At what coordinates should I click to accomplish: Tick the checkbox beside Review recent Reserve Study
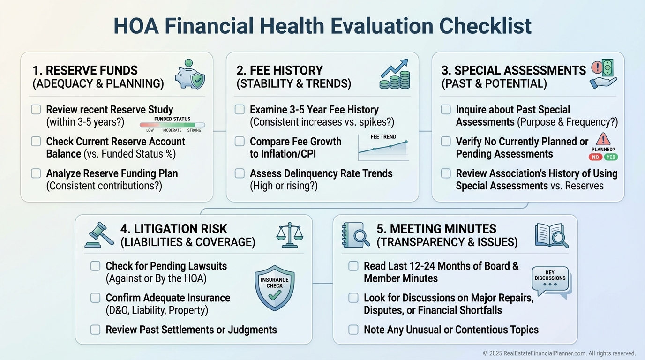coord(36,110)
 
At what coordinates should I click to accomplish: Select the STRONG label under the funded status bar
coord(195,130)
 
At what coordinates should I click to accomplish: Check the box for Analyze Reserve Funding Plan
coord(36,173)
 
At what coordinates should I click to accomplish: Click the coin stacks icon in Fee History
coord(395,74)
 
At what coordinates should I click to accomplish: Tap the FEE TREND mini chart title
coord(383,137)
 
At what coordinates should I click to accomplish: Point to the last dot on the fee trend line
coord(406,142)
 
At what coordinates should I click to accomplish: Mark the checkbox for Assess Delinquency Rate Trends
coord(240,173)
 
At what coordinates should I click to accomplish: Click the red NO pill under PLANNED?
coord(595,157)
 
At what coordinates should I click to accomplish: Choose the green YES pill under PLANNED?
coord(611,157)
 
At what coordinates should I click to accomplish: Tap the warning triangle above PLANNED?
coord(603,139)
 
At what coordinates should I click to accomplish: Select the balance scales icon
coord(290,235)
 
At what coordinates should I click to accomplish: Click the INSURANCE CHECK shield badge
coord(275,288)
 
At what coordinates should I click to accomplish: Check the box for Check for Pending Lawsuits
coord(95,266)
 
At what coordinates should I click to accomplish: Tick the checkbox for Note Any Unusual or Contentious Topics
coord(353,330)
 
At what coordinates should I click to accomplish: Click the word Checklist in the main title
coord(485,26)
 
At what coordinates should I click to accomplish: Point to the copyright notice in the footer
coord(559,353)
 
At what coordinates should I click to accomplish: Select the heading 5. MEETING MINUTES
coord(436,229)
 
